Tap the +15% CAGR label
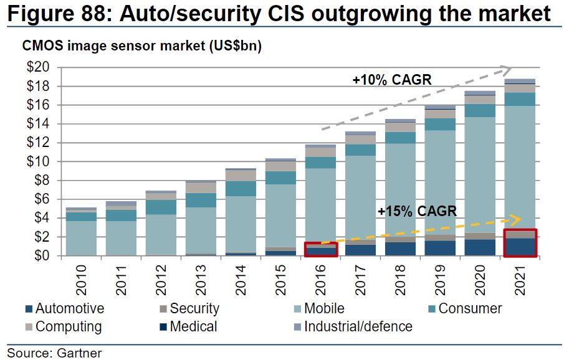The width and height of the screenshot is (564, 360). [417, 211]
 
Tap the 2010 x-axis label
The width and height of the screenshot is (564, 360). [82, 281]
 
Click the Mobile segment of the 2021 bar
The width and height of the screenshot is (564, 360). [519, 168]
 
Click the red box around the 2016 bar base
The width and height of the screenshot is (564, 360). [321, 249]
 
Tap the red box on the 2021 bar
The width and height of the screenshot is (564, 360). [519, 243]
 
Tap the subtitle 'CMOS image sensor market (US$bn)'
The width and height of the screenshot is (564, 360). [141, 46]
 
